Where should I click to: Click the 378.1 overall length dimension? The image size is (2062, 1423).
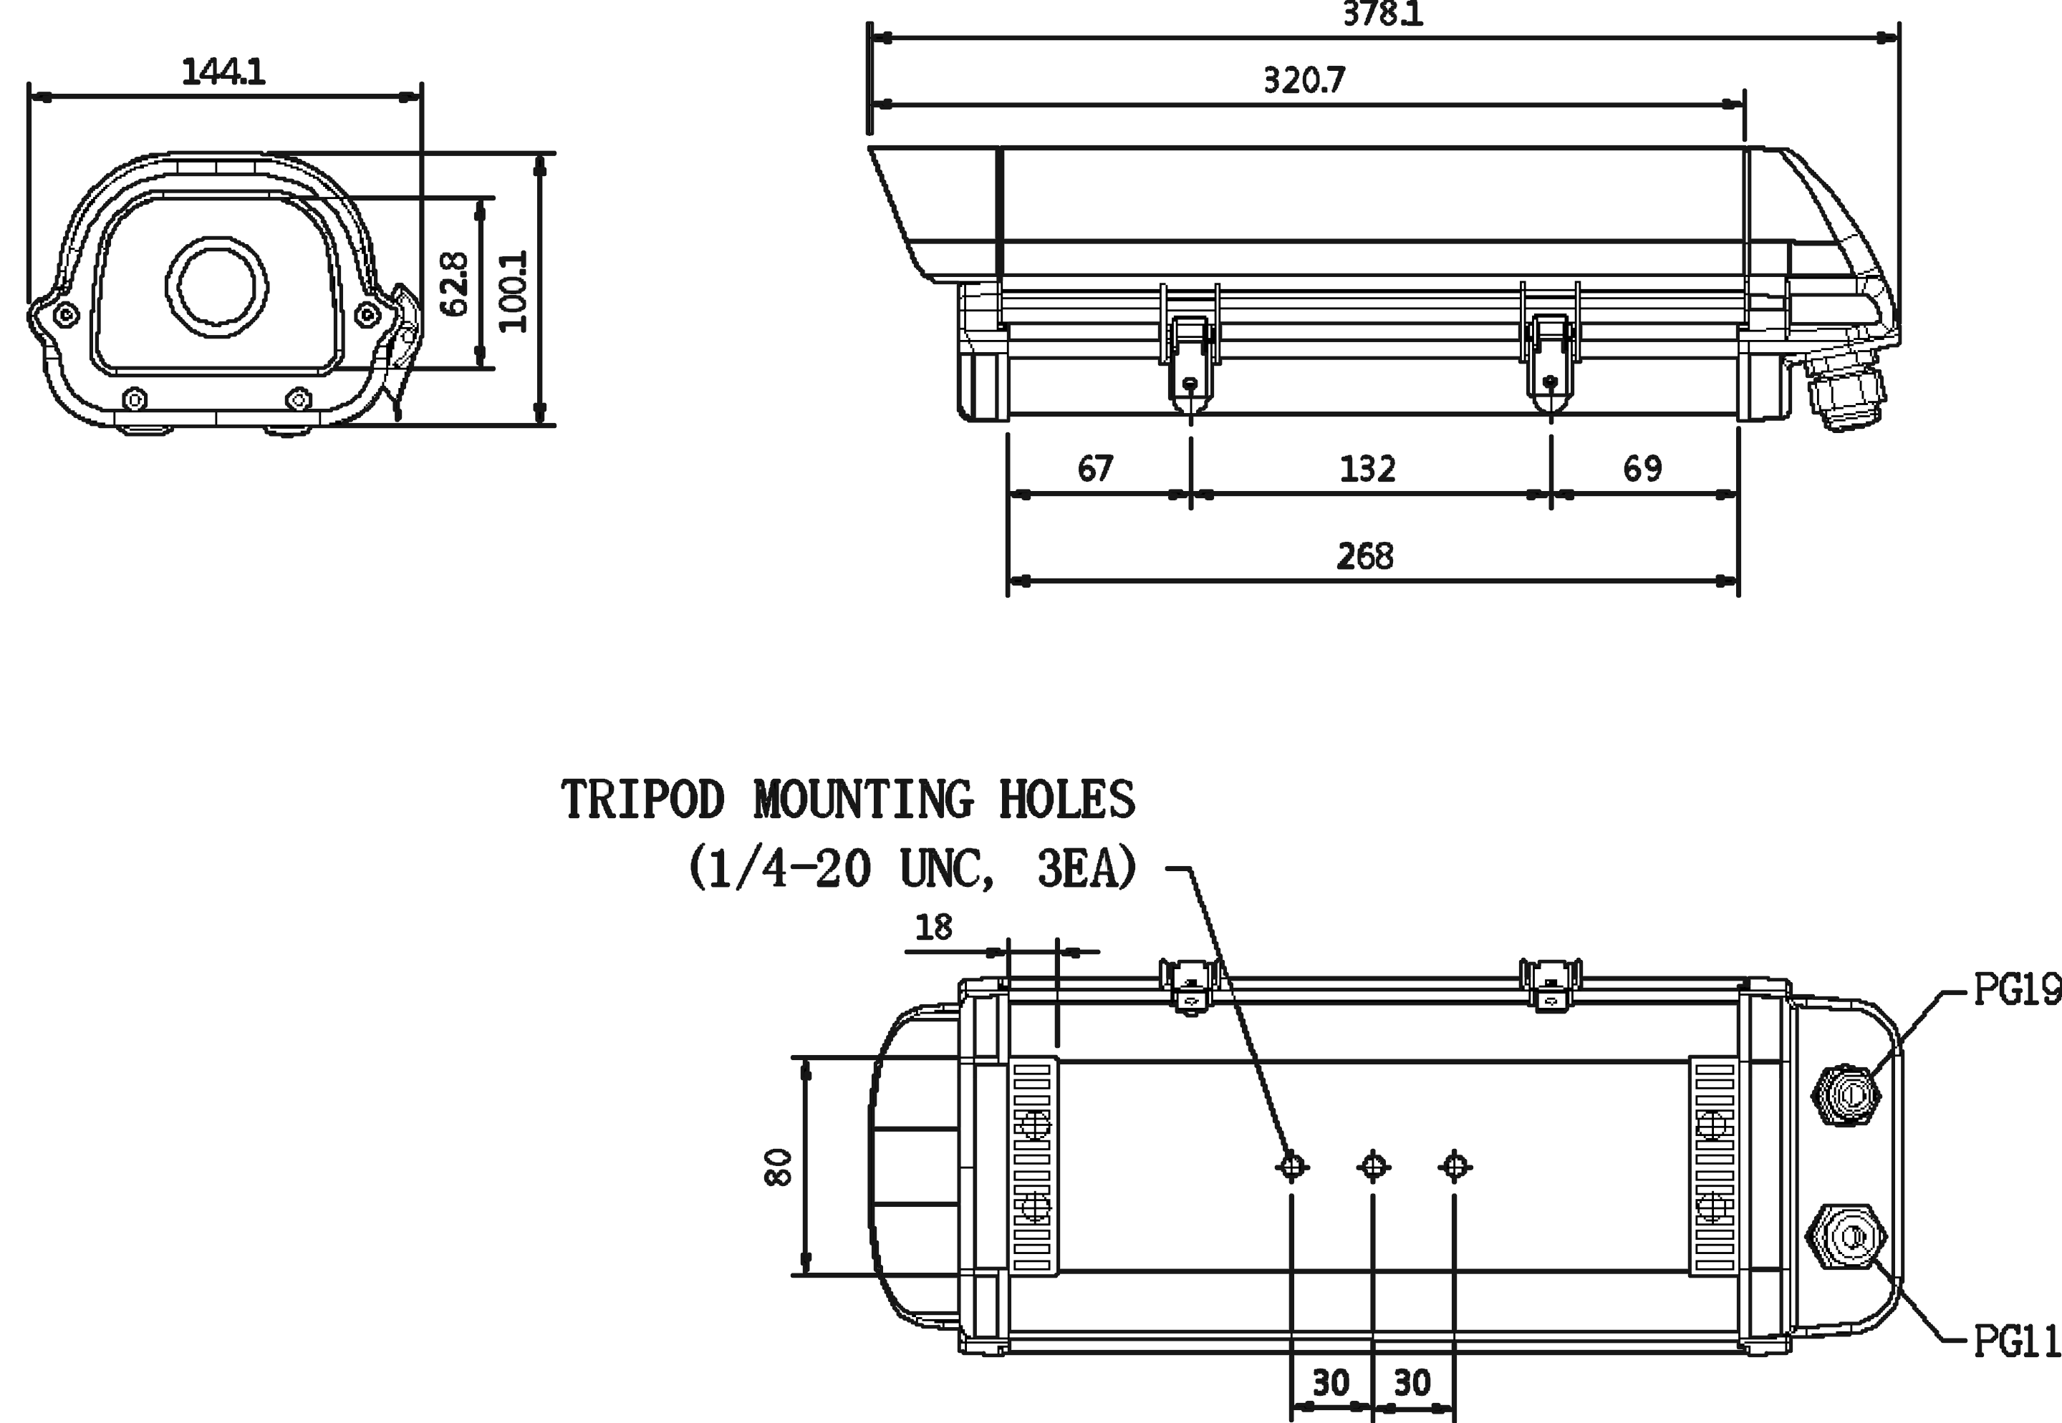tap(1382, 14)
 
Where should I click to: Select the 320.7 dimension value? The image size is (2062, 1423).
tap(1304, 80)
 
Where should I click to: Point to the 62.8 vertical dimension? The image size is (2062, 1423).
tap(455, 283)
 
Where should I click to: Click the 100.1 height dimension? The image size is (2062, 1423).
tap(513, 291)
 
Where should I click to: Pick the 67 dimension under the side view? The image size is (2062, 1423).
tap(1095, 468)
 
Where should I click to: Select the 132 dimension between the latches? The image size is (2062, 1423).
tap(1367, 468)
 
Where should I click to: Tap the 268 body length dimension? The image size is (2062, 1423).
tap(1364, 556)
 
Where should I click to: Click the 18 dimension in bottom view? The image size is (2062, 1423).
tap(934, 927)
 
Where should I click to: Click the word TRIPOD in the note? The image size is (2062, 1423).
tap(642, 799)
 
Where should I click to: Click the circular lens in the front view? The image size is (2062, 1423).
tap(217, 286)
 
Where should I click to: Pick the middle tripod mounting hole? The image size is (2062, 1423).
tap(1372, 1165)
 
